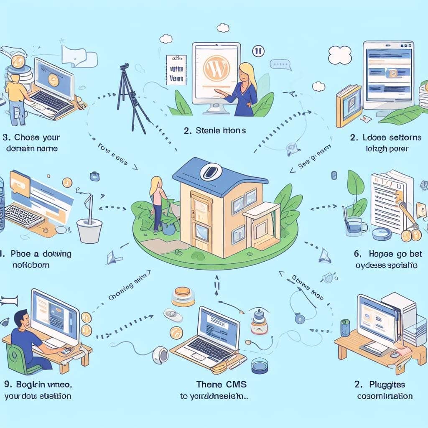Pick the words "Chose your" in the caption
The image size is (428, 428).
[40, 137]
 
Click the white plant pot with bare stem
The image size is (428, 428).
[89, 230]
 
